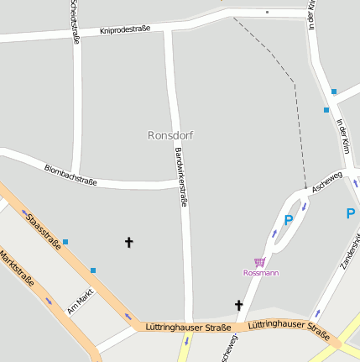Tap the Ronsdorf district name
coord(171,134)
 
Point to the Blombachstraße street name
coord(70,176)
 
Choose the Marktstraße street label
coord(18,269)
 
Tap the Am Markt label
coord(79,302)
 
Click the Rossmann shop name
coord(261,273)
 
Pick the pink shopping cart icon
coord(260,262)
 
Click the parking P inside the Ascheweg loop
coord(289,220)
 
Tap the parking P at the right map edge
coord(351,213)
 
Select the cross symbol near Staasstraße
coord(129,243)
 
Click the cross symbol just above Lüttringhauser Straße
coord(238,306)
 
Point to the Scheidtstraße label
coord(75,21)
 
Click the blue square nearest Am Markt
coord(93,270)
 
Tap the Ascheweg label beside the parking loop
coord(326,182)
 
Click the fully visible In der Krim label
coord(342,135)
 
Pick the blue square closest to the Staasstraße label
coord(65,242)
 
